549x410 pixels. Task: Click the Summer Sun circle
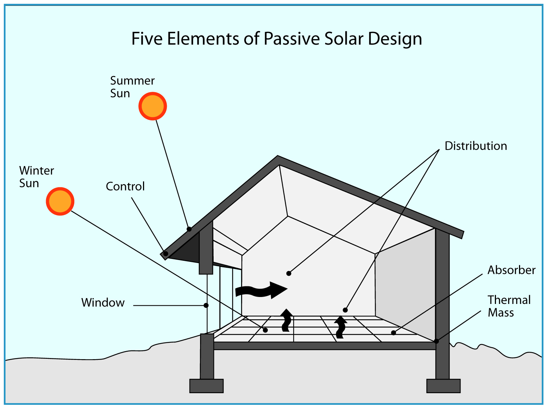pyautogui.click(x=153, y=106)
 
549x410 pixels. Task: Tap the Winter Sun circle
pyautogui.click(x=60, y=201)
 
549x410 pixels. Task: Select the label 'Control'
pyautogui.click(x=125, y=187)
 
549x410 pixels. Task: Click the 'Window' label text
pyautogui.click(x=103, y=303)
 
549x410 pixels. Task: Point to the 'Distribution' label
pyautogui.click(x=475, y=146)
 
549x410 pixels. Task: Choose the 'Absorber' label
pyautogui.click(x=511, y=270)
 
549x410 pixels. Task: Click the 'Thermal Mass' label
pyautogui.click(x=509, y=306)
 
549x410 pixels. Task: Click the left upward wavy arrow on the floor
pyautogui.click(x=286, y=320)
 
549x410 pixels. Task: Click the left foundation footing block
pyautogui.click(x=206, y=386)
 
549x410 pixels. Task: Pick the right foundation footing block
pyautogui.click(x=443, y=386)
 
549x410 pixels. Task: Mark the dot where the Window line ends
pyautogui.click(x=206, y=305)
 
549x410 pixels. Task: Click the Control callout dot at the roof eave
pyautogui.click(x=166, y=253)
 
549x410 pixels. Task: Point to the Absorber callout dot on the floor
pyautogui.click(x=394, y=333)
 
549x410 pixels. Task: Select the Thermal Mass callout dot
pyautogui.click(x=436, y=341)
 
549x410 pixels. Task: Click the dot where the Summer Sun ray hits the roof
pyautogui.click(x=189, y=229)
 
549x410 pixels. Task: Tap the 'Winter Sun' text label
pyautogui.click(x=36, y=177)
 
